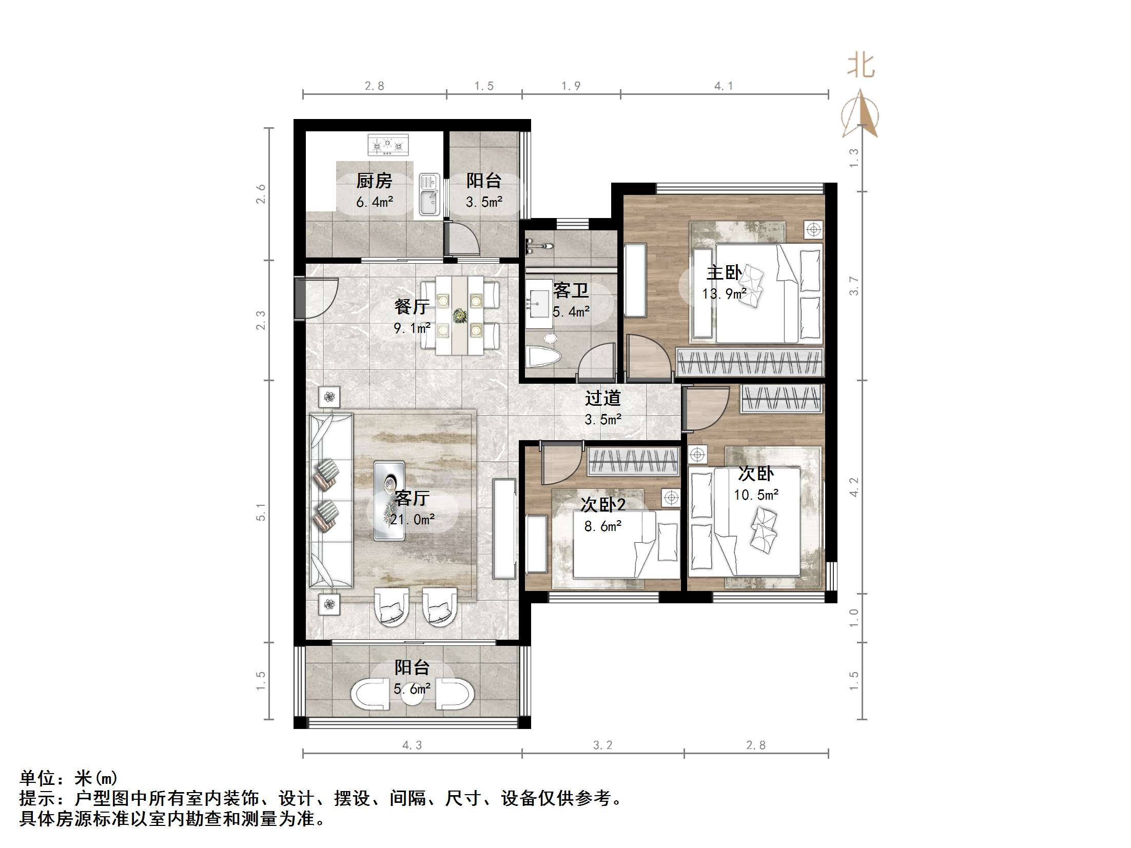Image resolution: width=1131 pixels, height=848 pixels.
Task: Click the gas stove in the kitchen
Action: [388, 145]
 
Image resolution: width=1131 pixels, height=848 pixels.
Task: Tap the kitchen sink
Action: [430, 193]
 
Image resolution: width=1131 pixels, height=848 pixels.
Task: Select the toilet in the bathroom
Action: [543, 356]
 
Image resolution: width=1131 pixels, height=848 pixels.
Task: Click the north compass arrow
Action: [860, 114]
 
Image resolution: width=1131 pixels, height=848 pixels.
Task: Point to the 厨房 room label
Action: [374, 181]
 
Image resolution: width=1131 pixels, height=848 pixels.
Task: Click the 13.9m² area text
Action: [724, 293]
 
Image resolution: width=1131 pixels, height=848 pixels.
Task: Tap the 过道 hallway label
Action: [603, 398]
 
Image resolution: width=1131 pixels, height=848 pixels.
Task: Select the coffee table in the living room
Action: [389, 501]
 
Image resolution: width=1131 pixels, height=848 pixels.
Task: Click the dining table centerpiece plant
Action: [459, 315]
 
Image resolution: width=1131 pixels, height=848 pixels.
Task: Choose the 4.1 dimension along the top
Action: [724, 86]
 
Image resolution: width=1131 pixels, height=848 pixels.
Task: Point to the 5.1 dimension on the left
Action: [261, 511]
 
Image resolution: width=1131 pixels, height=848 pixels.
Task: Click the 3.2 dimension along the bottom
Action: [602, 745]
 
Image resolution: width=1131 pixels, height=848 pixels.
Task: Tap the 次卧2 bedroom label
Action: [603, 505]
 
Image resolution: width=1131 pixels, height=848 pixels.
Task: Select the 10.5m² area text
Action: [756, 495]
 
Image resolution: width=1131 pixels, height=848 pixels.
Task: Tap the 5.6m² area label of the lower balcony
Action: [412, 688]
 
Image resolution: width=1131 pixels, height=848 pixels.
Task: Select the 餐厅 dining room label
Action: [412, 307]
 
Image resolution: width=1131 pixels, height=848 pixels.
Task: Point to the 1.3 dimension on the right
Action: [853, 157]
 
